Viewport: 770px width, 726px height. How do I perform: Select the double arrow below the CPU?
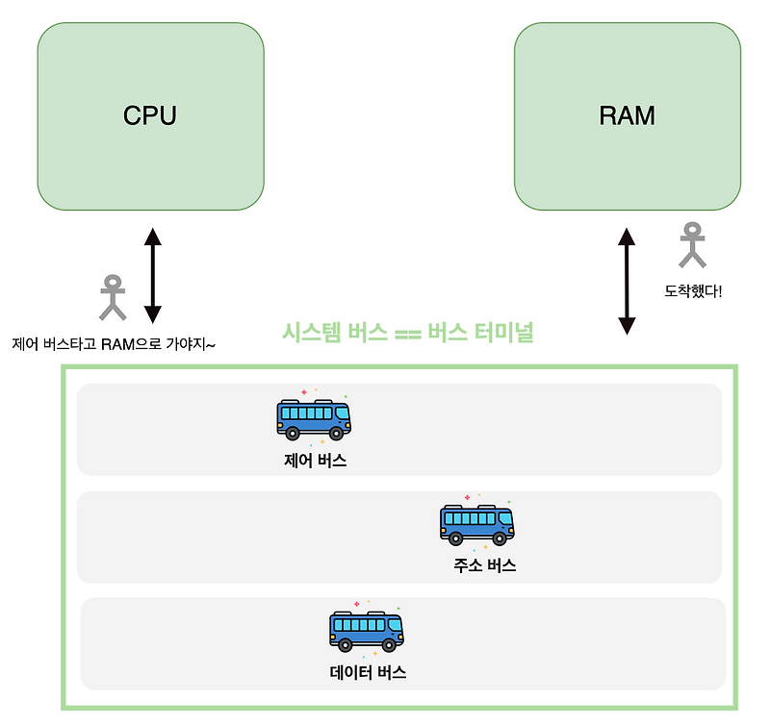(152, 274)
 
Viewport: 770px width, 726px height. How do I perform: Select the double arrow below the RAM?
(627, 280)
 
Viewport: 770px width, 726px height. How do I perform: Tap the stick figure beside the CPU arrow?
(114, 297)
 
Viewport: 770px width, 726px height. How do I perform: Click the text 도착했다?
(693, 289)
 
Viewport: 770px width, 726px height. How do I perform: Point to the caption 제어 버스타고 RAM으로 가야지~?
(113, 343)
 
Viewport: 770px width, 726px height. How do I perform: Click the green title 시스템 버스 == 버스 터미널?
(407, 334)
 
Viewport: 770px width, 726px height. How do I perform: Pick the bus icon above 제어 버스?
(314, 417)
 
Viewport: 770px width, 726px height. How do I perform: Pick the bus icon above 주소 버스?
(477, 523)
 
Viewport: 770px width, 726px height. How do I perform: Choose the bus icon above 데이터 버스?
(367, 630)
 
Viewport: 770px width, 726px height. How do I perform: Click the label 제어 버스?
(315, 461)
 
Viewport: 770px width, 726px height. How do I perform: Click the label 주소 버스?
(485, 565)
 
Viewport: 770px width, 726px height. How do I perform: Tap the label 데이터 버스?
(368, 672)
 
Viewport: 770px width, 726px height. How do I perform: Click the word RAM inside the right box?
(627, 116)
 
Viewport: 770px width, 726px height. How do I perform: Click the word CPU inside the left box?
(150, 115)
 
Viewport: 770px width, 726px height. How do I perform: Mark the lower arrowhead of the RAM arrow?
(627, 325)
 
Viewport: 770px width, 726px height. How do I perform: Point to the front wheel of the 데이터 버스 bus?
(390, 645)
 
